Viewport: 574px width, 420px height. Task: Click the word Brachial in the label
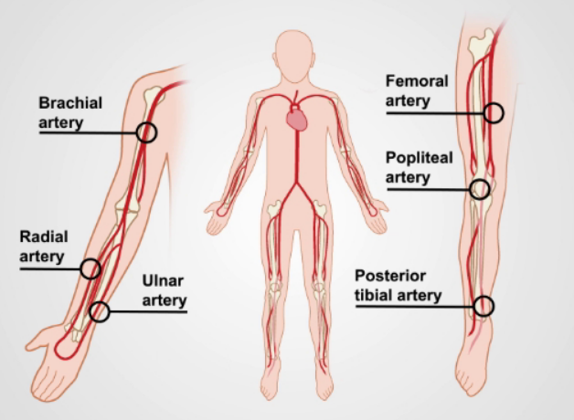(x=70, y=103)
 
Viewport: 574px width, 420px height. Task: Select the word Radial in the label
(x=44, y=236)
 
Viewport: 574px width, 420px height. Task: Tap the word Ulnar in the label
(x=163, y=280)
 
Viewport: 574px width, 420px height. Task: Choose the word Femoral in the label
(x=417, y=81)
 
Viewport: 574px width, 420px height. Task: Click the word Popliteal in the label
(x=420, y=158)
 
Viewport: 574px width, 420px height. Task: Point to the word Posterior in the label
(x=390, y=276)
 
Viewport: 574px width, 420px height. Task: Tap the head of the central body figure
(x=294, y=55)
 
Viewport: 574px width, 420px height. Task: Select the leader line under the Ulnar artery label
(x=148, y=311)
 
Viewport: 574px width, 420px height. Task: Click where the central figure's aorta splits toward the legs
(x=297, y=183)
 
